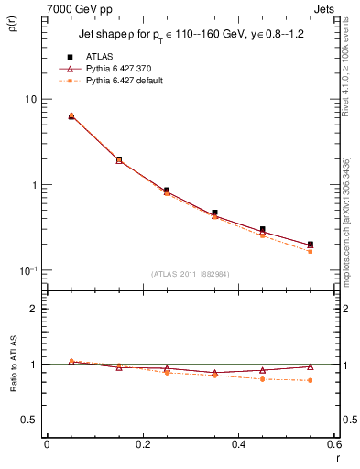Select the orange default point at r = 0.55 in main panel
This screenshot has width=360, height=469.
[310, 251]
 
